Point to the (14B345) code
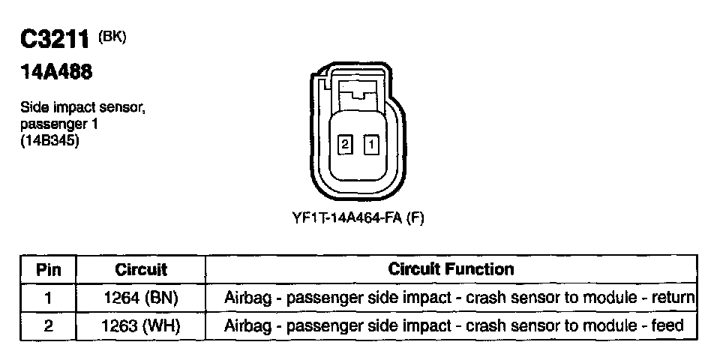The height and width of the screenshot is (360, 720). (x=49, y=139)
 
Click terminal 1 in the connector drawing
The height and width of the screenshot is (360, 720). (x=370, y=144)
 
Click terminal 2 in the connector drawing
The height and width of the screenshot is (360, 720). (x=345, y=144)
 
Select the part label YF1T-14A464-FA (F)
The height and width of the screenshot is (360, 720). (x=358, y=217)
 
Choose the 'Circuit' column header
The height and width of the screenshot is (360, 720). (x=141, y=269)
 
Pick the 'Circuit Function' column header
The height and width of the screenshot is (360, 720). (x=451, y=268)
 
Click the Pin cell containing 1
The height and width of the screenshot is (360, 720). (x=48, y=298)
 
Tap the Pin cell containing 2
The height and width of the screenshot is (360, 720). (x=48, y=325)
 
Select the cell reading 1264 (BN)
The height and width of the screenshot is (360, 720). (x=141, y=298)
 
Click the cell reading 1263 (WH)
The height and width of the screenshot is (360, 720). (x=141, y=325)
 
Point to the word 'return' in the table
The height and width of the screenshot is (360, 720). (x=673, y=298)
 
